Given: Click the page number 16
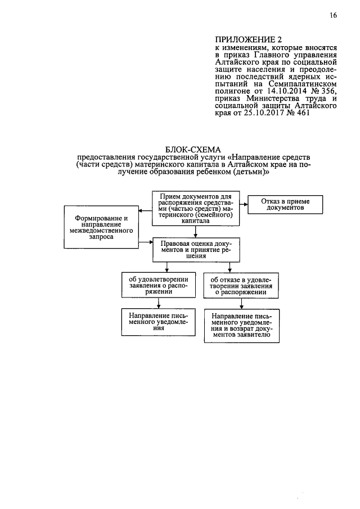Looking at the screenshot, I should tap(333, 16).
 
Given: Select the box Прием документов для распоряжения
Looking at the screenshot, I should tap(195, 208).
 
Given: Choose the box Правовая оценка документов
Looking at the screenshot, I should tap(195, 248).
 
